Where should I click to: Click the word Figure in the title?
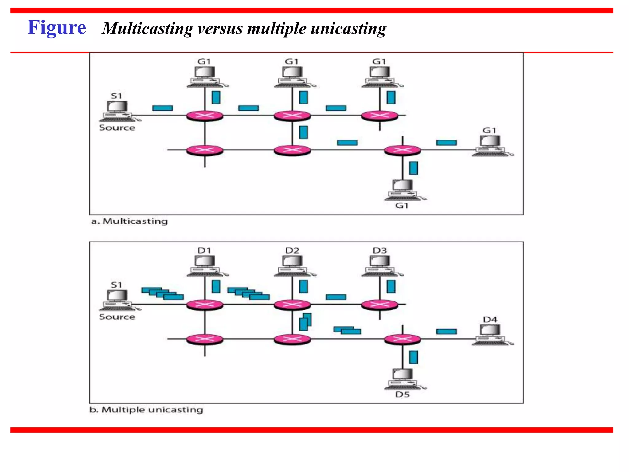click(57, 28)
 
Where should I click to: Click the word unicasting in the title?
click(348, 29)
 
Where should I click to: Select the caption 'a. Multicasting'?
click(129, 221)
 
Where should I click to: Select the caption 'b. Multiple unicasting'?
click(146, 410)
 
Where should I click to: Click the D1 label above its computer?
click(204, 251)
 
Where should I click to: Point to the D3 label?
click(380, 251)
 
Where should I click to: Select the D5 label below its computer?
click(402, 395)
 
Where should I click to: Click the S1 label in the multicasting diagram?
click(116, 96)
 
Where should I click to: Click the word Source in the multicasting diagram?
click(117, 128)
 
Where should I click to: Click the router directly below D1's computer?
click(205, 305)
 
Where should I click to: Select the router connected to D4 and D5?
click(402, 339)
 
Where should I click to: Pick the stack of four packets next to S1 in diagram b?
click(162, 293)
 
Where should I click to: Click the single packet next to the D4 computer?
click(446, 332)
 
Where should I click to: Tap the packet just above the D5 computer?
click(413, 357)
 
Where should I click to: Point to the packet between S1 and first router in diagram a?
click(162, 108)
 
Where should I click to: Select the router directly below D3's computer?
click(380, 305)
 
